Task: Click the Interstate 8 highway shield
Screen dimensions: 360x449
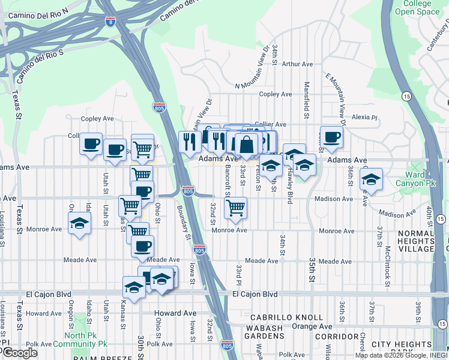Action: point(110,22)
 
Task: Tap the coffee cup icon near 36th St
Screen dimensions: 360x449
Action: point(331,137)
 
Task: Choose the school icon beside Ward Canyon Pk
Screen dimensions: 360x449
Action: point(371,179)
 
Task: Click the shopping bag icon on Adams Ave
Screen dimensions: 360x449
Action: point(246,144)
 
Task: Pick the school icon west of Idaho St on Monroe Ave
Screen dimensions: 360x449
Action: point(79,223)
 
